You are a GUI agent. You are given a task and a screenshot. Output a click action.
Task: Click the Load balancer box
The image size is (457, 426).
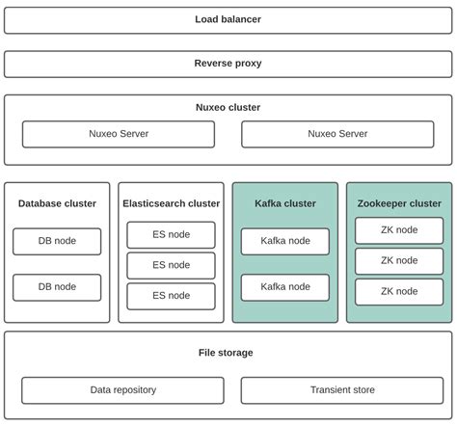(228, 19)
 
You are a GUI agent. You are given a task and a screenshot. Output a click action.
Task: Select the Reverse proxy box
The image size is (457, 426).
(228, 64)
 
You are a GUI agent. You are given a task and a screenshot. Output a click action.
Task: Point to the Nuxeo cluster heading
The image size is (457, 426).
(228, 108)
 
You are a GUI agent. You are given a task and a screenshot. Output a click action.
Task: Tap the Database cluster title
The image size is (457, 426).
(57, 203)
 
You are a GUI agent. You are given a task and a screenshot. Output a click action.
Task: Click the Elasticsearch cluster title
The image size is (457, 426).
(171, 203)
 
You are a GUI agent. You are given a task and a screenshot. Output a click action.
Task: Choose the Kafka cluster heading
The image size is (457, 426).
(284, 203)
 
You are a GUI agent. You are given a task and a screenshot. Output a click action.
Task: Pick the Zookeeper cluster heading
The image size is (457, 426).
(398, 203)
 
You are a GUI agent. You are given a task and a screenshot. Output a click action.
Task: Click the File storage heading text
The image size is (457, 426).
(226, 353)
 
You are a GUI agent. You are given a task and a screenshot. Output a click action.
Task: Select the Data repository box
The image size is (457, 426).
(122, 390)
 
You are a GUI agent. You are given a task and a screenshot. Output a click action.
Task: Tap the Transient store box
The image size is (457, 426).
(341, 390)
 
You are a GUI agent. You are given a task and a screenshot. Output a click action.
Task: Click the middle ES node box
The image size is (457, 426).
(171, 265)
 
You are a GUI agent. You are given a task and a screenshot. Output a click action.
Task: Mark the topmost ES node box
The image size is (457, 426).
(171, 235)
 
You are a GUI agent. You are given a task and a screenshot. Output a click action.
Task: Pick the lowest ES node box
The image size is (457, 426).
(171, 296)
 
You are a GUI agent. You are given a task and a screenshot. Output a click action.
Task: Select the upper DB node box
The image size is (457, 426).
(57, 241)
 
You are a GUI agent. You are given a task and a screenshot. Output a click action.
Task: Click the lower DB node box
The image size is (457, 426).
(57, 287)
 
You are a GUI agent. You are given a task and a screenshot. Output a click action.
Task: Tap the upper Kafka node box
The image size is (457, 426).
(284, 241)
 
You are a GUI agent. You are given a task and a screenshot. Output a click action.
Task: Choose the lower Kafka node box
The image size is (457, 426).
(284, 287)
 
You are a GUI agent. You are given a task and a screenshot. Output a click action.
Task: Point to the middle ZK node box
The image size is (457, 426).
(398, 261)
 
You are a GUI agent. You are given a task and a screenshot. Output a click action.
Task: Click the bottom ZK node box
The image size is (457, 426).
(398, 292)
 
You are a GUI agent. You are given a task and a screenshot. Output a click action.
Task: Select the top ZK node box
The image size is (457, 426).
(398, 230)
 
